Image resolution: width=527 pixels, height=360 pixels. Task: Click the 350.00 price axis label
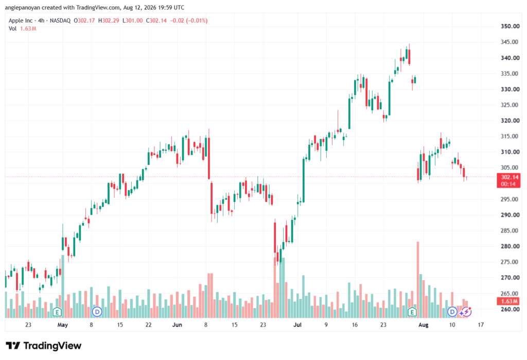[x=510, y=26]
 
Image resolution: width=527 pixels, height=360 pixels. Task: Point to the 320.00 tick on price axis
[x=510, y=121]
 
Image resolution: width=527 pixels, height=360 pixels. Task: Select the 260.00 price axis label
[x=510, y=309]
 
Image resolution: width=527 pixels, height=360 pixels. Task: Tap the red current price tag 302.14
[x=508, y=180]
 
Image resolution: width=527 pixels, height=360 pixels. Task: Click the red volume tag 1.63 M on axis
[x=508, y=301]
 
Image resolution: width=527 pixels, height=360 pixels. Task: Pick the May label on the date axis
[x=62, y=324]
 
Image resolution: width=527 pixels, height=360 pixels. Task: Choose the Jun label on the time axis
[x=177, y=324]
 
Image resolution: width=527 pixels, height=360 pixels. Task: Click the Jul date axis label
[x=297, y=324]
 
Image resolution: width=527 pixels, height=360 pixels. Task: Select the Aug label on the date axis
[x=423, y=324]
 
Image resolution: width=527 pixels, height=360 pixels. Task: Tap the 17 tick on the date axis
[x=481, y=324]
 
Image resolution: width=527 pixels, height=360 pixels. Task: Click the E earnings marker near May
[x=57, y=312]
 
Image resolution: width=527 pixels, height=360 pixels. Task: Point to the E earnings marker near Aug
[x=412, y=312]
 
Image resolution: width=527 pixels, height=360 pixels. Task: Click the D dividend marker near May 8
[x=97, y=312]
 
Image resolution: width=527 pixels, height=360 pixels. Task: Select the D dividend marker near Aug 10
[x=452, y=312]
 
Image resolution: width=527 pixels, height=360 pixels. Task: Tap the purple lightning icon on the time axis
[x=466, y=312]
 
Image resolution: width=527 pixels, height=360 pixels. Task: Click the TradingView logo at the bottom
[x=43, y=346]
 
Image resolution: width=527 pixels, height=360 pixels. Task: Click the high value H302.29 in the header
[x=109, y=21]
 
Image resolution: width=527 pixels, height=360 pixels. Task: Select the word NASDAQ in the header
[x=60, y=21]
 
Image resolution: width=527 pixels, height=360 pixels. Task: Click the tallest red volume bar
[x=418, y=280]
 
